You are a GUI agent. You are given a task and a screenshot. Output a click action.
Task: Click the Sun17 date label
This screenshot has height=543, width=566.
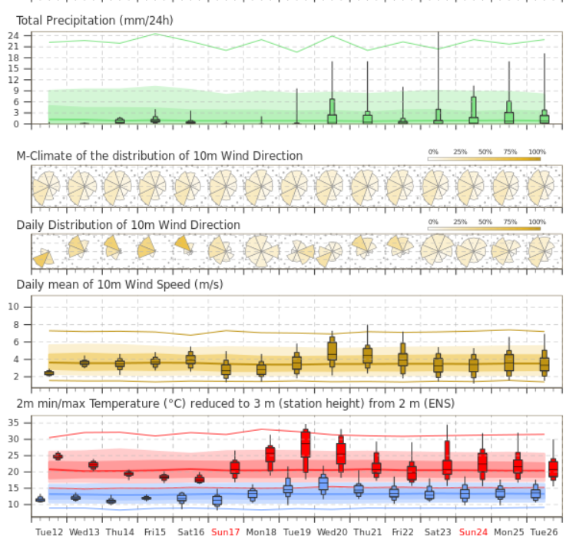[226, 531]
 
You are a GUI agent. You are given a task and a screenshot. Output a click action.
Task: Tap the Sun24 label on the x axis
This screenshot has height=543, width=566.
[473, 531]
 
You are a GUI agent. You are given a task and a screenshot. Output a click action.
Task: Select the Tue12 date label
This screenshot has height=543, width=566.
[49, 531]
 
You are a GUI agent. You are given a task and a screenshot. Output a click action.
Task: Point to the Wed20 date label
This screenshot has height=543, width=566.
[332, 531]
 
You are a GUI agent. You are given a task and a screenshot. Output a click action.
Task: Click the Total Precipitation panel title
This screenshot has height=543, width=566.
[94, 21]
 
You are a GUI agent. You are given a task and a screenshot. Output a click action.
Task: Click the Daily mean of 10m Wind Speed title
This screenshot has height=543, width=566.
[120, 284]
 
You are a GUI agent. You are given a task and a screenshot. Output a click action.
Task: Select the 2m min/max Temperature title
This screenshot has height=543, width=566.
[235, 403]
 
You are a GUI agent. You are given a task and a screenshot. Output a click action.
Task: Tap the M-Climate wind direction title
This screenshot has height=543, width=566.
[159, 156]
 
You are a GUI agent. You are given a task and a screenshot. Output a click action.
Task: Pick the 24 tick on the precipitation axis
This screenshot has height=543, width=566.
[13, 36]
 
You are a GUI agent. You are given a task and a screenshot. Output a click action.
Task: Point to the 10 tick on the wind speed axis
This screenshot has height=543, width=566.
[13, 307]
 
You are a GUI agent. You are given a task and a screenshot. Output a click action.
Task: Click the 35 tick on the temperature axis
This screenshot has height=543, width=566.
[13, 422]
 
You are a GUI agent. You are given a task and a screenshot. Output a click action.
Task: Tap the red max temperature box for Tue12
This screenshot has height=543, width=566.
[58, 456]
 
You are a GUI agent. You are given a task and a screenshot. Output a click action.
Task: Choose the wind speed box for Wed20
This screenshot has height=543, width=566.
[332, 352]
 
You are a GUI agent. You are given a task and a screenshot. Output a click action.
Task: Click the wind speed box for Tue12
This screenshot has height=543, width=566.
[49, 373]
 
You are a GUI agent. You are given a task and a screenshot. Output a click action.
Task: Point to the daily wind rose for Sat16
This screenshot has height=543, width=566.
[185, 244]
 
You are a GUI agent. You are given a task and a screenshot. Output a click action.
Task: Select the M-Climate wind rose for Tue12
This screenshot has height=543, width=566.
[46, 186]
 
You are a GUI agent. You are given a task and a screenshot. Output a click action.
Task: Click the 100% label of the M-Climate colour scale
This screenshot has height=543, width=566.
[537, 152]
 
